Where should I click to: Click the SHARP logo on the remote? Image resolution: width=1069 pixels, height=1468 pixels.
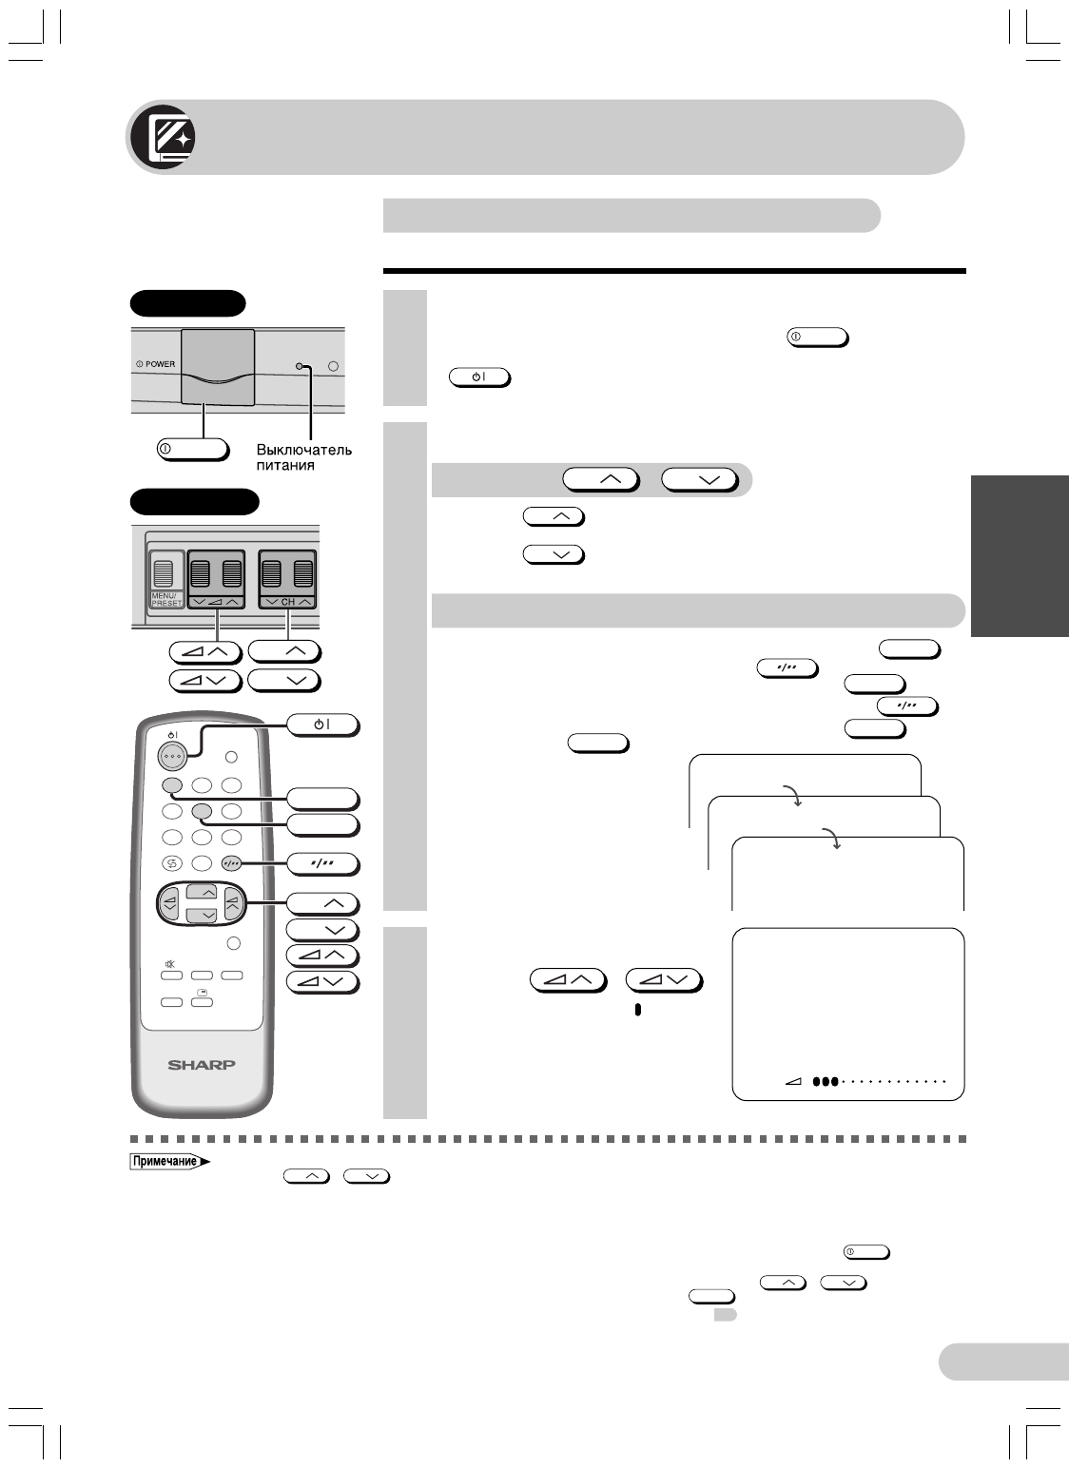(x=202, y=1064)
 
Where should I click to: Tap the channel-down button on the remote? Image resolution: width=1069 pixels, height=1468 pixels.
(x=201, y=915)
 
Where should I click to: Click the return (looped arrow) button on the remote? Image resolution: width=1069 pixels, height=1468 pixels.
(x=171, y=864)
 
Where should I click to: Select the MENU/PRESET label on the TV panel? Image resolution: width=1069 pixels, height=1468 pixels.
(x=165, y=599)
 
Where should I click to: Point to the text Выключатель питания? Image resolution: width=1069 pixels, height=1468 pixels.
(x=303, y=457)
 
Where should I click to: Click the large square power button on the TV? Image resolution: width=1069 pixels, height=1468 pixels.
(x=218, y=366)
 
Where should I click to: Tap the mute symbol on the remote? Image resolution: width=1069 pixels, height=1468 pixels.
(x=170, y=964)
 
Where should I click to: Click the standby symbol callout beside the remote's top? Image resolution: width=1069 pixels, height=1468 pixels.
(x=323, y=725)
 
